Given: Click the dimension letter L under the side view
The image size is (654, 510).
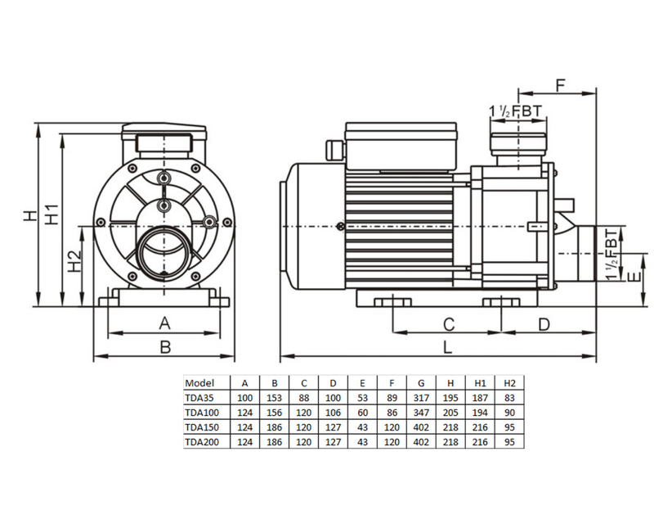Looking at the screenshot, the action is [447, 346].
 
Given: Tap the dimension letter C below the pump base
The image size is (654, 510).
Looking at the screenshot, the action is [448, 324].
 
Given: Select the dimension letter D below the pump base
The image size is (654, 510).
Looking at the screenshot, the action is [544, 324].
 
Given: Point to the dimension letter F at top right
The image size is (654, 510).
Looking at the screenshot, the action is [560, 85].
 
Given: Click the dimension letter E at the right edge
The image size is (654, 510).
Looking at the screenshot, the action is [634, 277].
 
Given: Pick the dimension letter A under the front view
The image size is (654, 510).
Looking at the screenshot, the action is [165, 323].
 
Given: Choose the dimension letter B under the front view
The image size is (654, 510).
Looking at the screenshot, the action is [166, 346].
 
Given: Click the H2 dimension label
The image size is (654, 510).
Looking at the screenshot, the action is [74, 261].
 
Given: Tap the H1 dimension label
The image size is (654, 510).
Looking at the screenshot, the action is [52, 214].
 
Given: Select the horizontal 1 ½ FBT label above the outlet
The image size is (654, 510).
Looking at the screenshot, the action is [516, 111].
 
